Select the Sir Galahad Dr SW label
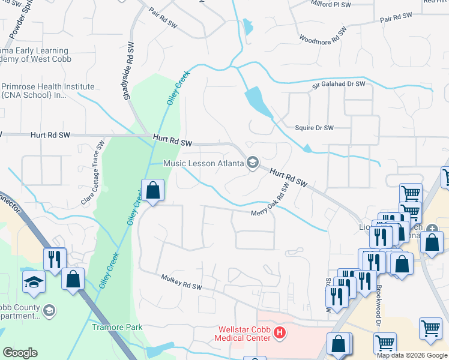pos(339,85)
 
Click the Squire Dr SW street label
pos(314,128)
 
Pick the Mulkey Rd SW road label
pos(181,281)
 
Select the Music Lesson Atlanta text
pos(204,163)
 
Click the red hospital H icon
pos(279,331)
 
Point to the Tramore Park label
pos(117,327)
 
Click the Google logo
pos(20,353)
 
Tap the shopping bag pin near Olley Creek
pos(153,191)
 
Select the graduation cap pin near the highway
pos(33,281)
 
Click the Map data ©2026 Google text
pos(411,355)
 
